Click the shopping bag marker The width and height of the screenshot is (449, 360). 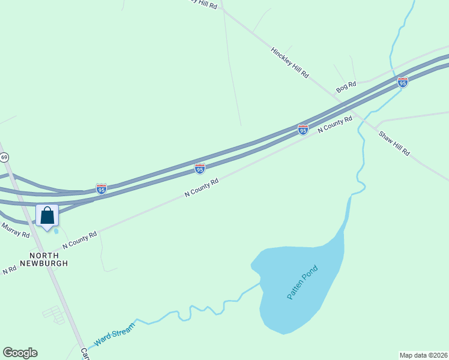(x=47, y=216)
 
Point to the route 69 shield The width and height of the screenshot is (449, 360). (x=5, y=157)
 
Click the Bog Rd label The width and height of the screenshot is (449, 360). (x=346, y=87)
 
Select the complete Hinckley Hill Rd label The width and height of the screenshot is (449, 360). (x=289, y=63)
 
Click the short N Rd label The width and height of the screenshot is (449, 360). (x=9, y=270)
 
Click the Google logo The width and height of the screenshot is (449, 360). (x=20, y=353)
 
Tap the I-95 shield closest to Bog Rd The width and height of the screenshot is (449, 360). (x=402, y=82)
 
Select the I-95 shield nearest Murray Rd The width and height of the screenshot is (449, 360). (x=101, y=190)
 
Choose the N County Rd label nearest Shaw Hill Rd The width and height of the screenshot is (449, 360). (x=335, y=125)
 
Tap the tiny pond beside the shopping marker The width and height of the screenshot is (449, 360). (x=56, y=230)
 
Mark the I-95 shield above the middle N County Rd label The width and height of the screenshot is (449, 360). (x=200, y=169)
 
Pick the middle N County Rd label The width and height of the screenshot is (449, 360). (x=201, y=187)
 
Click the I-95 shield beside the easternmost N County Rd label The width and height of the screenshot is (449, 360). (x=303, y=129)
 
